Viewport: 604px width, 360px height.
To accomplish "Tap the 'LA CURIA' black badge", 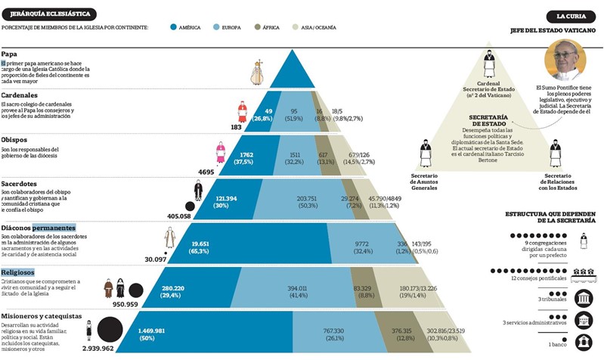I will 570,15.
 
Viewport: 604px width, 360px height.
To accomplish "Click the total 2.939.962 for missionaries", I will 93,349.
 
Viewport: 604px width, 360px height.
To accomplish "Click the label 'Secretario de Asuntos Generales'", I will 425,182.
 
